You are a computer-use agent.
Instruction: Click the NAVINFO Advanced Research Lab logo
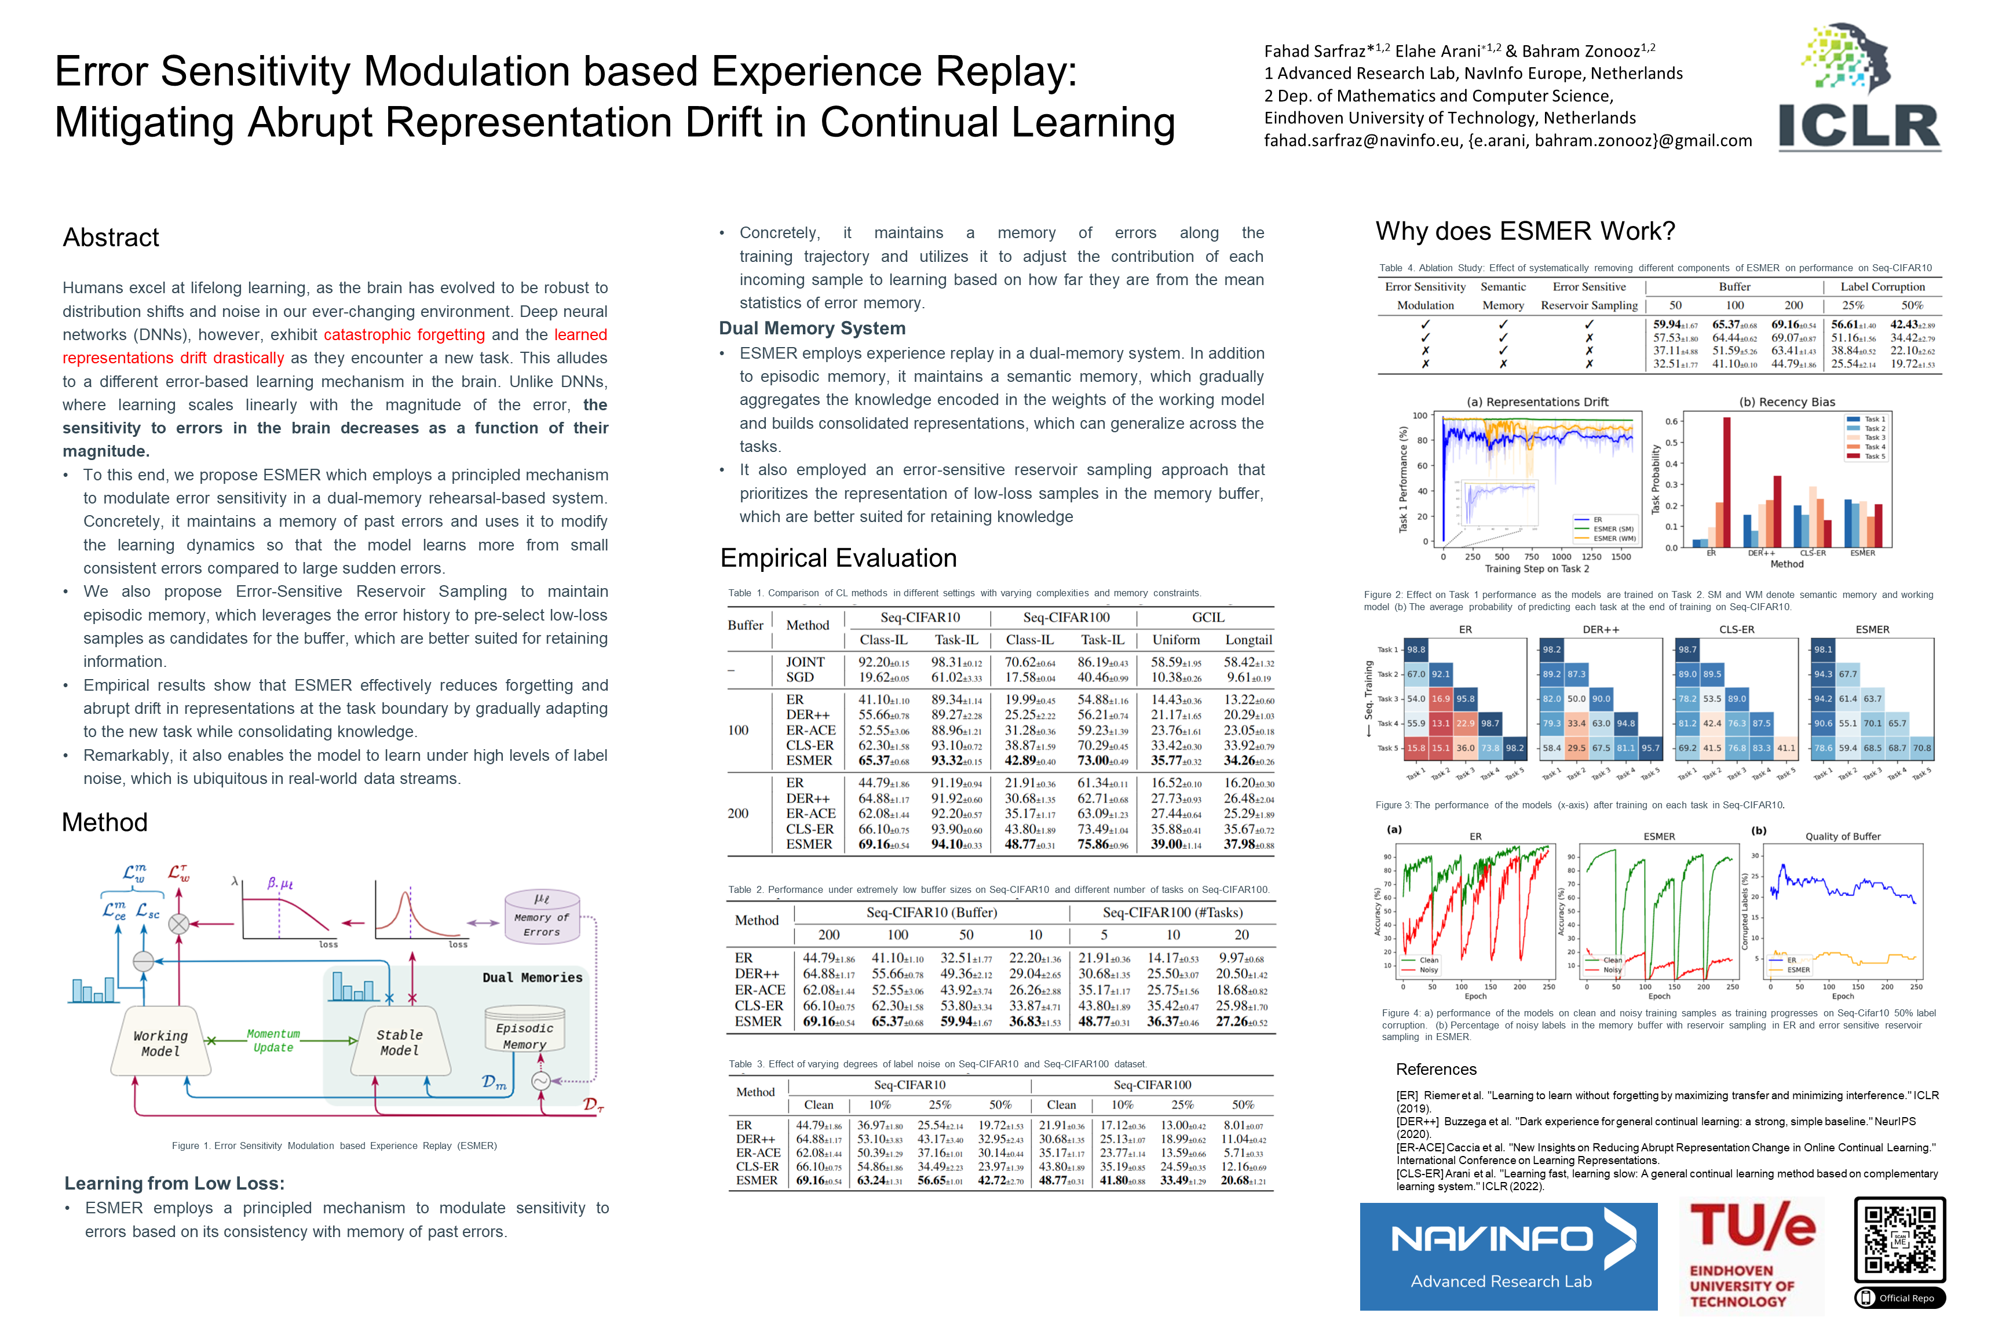tap(1507, 1256)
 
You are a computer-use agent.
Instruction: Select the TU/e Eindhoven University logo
tap(1751, 1256)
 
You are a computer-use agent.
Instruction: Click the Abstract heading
tap(111, 238)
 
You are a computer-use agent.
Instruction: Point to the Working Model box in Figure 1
tap(160, 1044)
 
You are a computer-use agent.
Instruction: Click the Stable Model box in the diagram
tap(399, 1043)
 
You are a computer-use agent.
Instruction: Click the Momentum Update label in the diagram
tap(273, 1041)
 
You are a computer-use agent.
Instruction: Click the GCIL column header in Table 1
tap(1207, 617)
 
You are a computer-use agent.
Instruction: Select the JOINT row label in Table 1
tap(805, 662)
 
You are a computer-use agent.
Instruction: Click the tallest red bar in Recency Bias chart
tap(1727, 481)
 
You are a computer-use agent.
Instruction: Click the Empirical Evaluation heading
tap(838, 557)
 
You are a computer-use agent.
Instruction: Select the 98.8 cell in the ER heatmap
tap(1416, 650)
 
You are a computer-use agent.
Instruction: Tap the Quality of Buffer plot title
tap(1842, 836)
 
